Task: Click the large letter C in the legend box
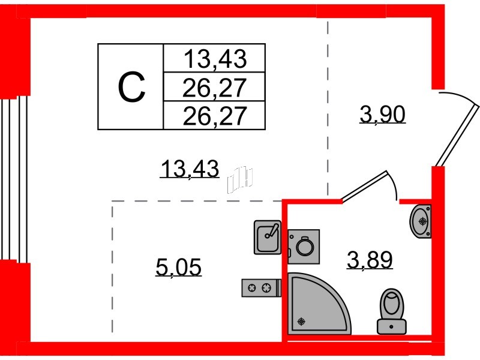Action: point(131,87)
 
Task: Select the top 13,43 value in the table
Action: point(215,59)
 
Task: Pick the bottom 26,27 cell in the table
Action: point(215,116)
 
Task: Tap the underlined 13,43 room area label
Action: point(190,169)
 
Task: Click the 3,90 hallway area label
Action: point(383,114)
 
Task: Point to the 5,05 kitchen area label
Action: point(178,267)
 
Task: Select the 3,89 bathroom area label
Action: point(370,260)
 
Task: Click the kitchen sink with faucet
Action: point(268,237)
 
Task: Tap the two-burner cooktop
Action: point(262,288)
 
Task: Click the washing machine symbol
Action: point(304,247)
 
